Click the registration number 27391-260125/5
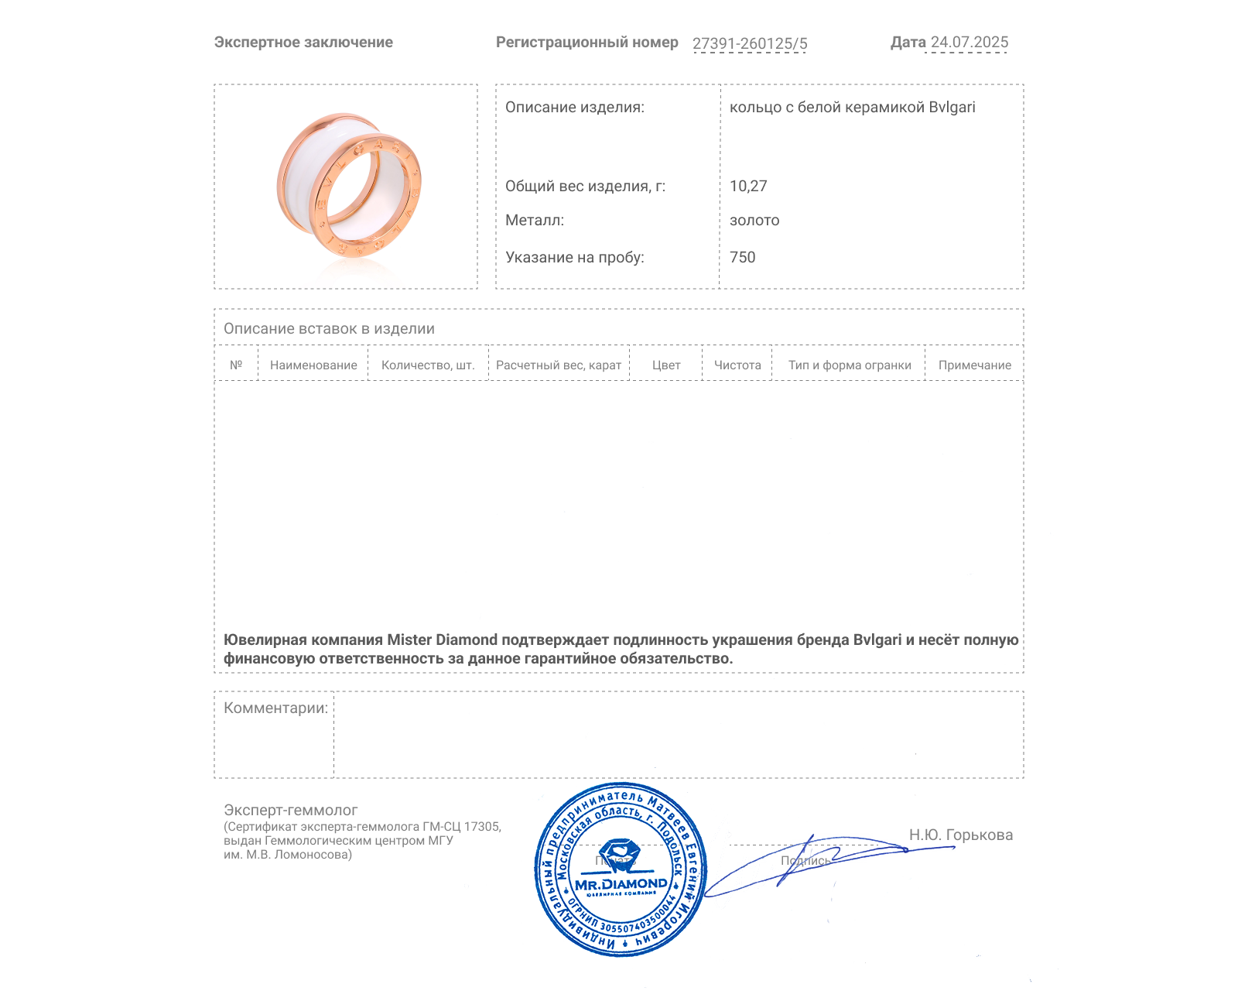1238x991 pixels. click(749, 43)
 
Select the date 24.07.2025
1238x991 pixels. click(969, 43)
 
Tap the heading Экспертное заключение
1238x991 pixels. click(303, 43)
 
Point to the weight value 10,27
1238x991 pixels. click(748, 186)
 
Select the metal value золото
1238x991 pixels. click(754, 221)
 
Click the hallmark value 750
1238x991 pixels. click(742, 257)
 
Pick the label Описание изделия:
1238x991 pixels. click(574, 108)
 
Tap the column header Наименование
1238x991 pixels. click(313, 365)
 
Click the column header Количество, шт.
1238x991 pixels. click(428, 365)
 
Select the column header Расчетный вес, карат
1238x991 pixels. click(559, 365)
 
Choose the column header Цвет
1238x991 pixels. click(666, 365)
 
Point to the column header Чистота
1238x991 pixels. click(737, 365)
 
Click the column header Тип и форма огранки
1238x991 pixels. click(850, 365)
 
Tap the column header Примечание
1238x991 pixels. click(974, 365)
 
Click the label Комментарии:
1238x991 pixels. click(275, 708)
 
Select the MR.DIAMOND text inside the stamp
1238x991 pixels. click(621, 884)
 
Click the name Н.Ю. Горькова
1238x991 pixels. click(960, 835)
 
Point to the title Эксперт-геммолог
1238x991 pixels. click(290, 811)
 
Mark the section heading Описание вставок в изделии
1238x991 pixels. click(329, 329)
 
